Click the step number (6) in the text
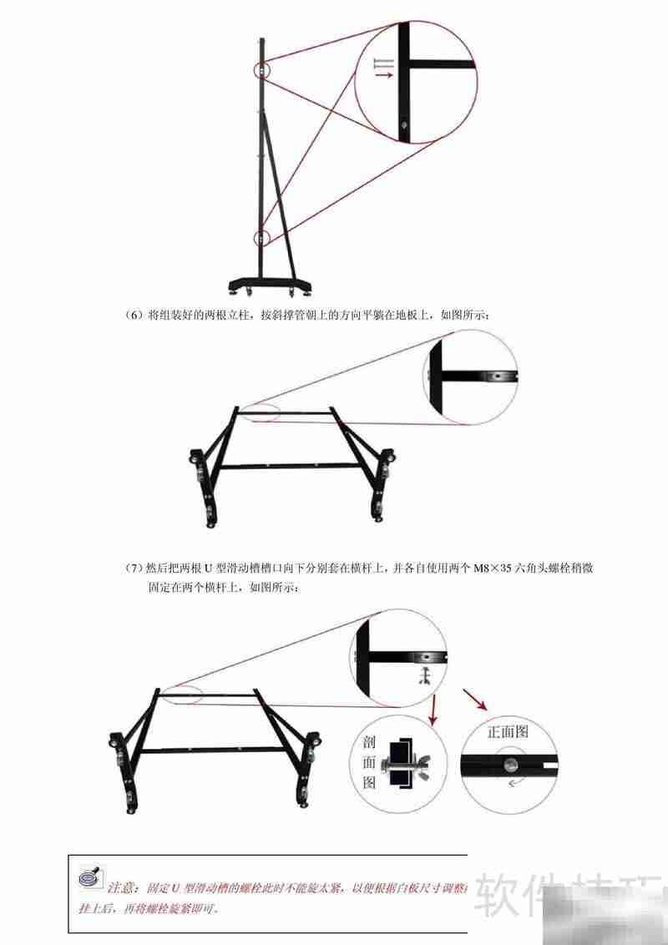coord(134,316)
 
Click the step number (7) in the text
coord(134,569)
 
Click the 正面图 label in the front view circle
coord(509,732)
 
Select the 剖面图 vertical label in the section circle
coord(369,761)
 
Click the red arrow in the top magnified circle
coord(383,75)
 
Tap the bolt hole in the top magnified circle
coord(405,127)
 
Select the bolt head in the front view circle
coord(509,761)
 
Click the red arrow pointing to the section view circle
coord(433,710)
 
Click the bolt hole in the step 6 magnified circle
coord(497,376)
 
